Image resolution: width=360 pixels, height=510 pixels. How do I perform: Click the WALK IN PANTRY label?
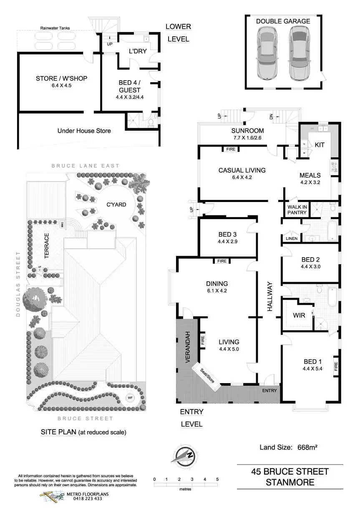[297, 210]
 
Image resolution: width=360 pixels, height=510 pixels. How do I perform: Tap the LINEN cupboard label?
[292, 239]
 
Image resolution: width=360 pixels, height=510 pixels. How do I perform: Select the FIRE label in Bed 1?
[335, 367]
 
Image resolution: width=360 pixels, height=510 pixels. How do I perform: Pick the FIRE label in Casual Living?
[230, 149]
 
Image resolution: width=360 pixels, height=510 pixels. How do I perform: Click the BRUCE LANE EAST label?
[86, 166]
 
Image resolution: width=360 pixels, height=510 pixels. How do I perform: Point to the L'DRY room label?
[136, 51]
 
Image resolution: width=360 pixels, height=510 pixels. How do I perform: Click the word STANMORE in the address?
[290, 483]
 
